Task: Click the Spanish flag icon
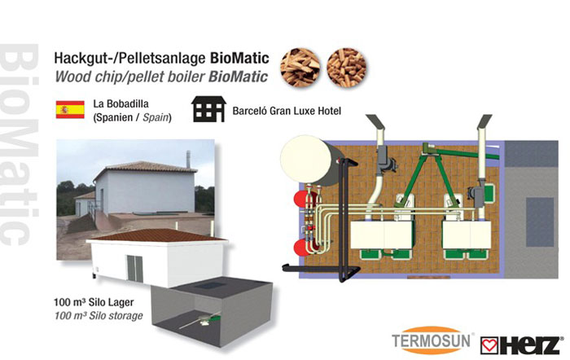[x=69, y=111]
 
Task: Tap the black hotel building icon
[x=209, y=110]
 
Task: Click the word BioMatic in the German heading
[x=238, y=59]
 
